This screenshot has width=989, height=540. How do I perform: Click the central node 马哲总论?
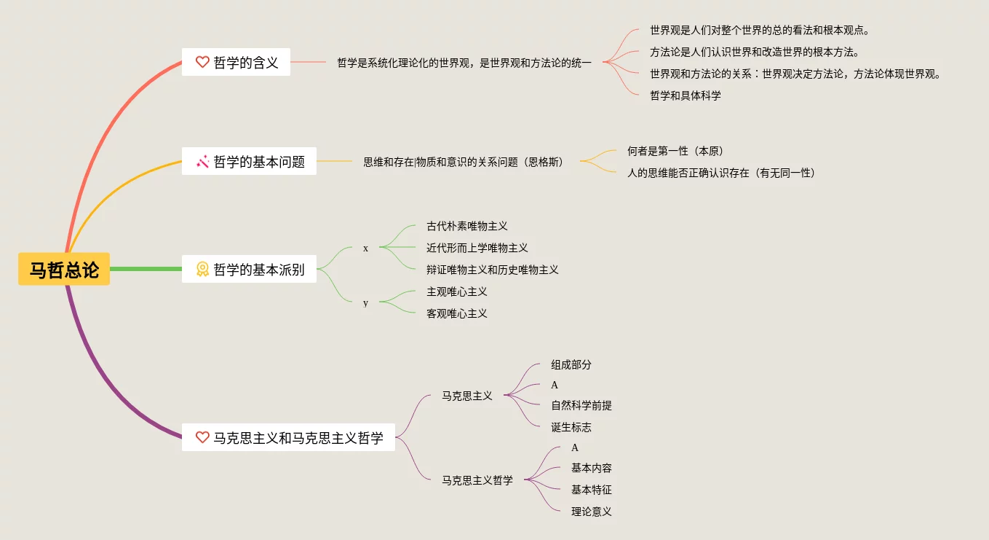coord(64,269)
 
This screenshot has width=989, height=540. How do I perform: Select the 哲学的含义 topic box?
coord(236,62)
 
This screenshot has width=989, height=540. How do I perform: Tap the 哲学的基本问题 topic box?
coord(249,161)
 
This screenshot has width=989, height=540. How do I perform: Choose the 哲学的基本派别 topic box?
coord(249,269)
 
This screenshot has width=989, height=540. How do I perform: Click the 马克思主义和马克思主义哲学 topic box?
coord(288,437)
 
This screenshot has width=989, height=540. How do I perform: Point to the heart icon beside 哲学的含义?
coord(202,62)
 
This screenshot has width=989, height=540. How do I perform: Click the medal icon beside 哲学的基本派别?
coord(202,269)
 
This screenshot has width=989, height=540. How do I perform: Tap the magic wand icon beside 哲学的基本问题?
coord(202,161)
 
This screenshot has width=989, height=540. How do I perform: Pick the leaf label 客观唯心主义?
coord(457,313)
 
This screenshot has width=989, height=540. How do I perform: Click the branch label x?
coord(365,249)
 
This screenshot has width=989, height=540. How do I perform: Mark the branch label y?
coord(365,302)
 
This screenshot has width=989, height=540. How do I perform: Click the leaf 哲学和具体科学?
coord(686,95)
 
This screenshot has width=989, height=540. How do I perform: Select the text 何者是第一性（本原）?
coord(675,151)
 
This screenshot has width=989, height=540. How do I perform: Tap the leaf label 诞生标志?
coord(571,427)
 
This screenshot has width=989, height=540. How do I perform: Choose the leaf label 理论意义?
coord(592,512)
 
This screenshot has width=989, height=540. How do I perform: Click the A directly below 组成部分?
coord(555,385)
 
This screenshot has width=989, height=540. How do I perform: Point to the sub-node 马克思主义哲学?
coord(477,480)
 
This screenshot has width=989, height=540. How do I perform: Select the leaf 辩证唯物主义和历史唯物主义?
coord(493,270)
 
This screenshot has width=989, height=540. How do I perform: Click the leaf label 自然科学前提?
coord(581,405)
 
